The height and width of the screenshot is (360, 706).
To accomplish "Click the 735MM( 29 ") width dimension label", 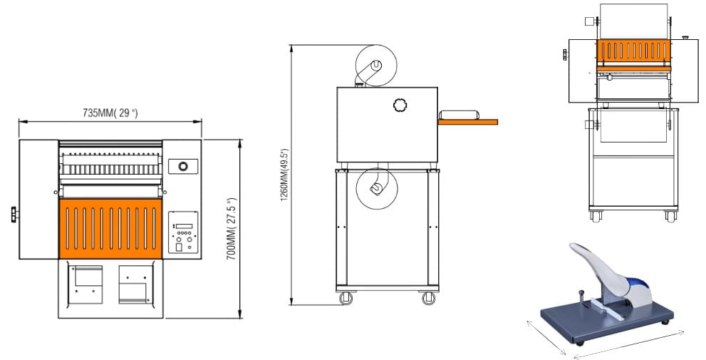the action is point(110,113).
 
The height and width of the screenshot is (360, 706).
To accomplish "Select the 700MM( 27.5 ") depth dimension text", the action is point(232,230).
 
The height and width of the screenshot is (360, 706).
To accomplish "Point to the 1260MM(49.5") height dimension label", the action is point(285,175).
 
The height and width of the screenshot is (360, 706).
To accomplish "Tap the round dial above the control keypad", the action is point(183,166).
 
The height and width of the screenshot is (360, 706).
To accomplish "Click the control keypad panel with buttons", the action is point(183,232).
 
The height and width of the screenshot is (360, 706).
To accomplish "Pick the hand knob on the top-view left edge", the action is point(14,215).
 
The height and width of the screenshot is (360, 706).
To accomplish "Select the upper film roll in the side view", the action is point(376,66).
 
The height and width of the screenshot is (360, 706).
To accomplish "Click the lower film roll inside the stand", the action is point(376,188).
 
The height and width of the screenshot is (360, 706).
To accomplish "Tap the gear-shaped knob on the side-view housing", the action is point(400,105).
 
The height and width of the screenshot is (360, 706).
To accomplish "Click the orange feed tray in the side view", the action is point(468,122).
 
